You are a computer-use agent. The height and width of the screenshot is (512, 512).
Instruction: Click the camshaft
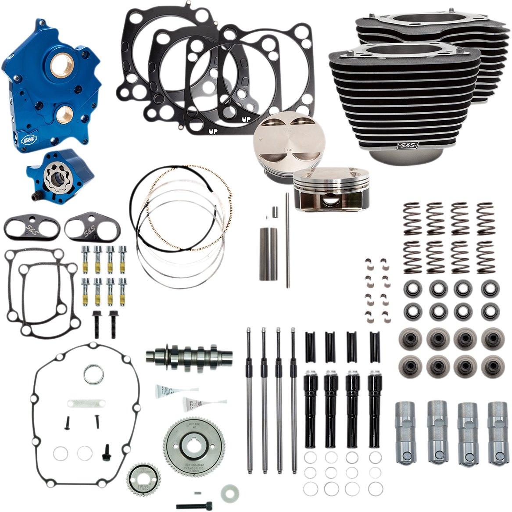click(x=189, y=353)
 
